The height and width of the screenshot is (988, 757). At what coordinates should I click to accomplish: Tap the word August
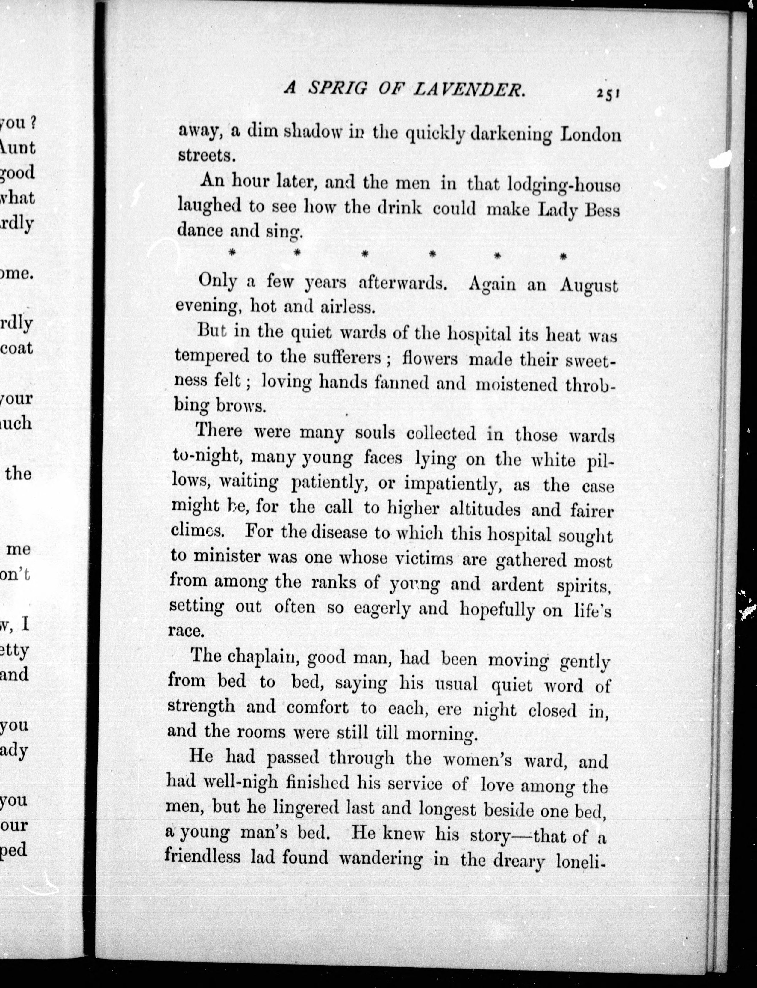click(x=588, y=286)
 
